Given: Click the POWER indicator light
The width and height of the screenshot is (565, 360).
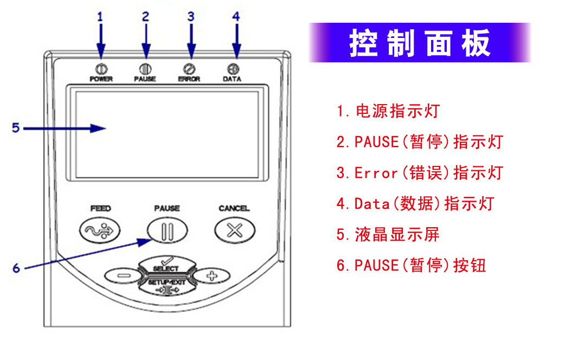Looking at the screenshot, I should [100, 69].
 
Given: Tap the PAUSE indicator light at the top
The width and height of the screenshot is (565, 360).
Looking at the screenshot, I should [145, 69].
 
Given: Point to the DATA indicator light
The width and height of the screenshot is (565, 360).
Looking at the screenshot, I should [234, 69].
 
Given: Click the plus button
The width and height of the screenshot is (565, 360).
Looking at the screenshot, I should [211, 275].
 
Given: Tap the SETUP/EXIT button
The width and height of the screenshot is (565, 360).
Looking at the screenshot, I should [166, 284].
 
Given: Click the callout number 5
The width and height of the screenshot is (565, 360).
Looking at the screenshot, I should [16, 128].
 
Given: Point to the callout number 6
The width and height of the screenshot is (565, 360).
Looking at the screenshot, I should [16, 268].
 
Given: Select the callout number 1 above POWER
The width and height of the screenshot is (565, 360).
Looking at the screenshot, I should [100, 17].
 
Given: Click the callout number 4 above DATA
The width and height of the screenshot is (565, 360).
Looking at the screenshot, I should [235, 17].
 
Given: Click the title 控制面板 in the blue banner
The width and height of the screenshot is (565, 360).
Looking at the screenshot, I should [420, 43].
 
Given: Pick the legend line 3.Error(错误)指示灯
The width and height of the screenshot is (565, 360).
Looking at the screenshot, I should [419, 173].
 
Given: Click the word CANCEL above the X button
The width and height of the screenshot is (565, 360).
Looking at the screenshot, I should [234, 209].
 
